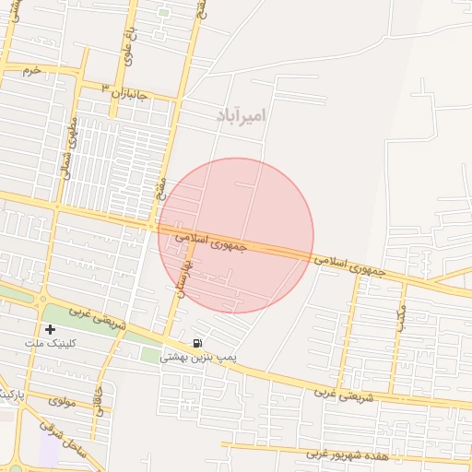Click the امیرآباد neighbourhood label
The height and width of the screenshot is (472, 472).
[242, 115]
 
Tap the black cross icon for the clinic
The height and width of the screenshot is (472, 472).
[50, 329]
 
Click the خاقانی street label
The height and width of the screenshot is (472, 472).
[99, 397]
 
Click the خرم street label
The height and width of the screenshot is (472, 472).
[32, 70]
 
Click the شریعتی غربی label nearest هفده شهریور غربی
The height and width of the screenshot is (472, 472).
[342, 394]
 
